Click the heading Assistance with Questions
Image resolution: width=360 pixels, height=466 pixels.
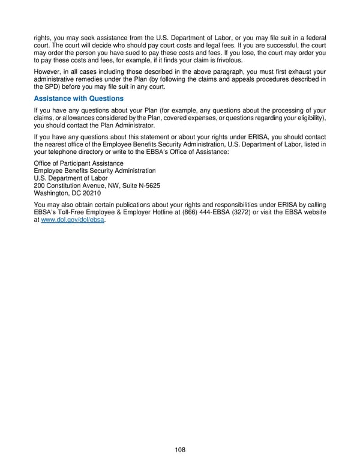coord(79,98)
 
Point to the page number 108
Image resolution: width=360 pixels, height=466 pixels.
coord(180,449)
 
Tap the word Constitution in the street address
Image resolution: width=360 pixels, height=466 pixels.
coord(65,186)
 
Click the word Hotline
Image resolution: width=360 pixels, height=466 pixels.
coord(159,213)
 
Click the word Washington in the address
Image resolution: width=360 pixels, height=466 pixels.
coord(53,194)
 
